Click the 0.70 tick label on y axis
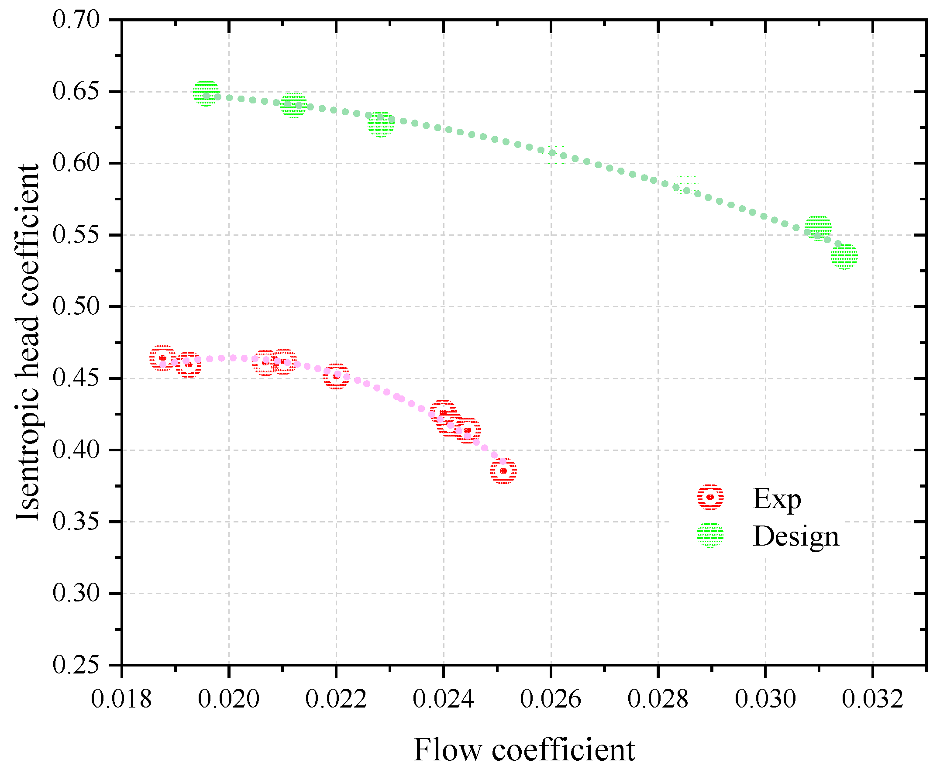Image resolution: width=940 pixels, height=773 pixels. pos(76,20)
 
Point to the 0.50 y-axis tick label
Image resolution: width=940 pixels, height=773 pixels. pos(76,307)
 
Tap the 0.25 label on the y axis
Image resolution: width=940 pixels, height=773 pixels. pos(76,666)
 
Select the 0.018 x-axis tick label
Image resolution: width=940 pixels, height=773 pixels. pos(121,699)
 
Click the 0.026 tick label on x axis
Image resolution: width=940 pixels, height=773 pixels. pos(551,699)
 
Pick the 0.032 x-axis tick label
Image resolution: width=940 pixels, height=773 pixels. pos(873,699)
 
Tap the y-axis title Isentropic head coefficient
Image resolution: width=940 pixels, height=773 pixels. pos(28,342)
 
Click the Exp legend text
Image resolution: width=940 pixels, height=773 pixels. pos(777,499)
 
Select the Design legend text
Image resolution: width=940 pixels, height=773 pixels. pos(796,536)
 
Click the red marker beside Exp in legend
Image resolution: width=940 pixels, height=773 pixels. pos(710,497)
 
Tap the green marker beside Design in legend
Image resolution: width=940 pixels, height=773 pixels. pos(710,535)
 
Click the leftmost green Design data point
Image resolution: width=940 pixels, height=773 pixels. pos(206,93)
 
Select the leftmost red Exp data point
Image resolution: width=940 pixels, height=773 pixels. pos(162,358)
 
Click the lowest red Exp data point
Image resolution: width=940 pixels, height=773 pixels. pos(503,471)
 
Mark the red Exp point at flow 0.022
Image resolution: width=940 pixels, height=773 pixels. pos(336,377)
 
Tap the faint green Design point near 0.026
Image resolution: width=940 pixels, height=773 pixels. pos(555,153)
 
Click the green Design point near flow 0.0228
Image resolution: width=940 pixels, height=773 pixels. pos(381,124)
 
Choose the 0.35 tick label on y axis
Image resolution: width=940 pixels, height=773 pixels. pos(76,522)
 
